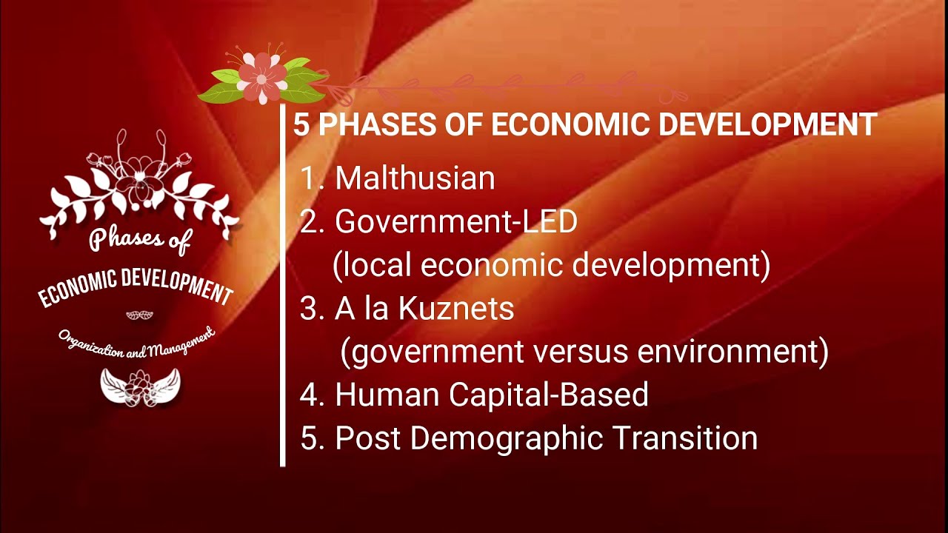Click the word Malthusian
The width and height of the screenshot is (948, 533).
[415, 178]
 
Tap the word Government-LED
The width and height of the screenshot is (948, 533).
[456, 221]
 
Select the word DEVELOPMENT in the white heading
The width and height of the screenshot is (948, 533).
[767, 125]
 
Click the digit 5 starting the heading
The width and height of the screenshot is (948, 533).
[301, 125]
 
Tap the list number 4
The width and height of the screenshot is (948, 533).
[308, 395]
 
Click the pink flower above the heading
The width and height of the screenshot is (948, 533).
[261, 77]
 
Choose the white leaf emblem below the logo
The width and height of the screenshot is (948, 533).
[140, 386]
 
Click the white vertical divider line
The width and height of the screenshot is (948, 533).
[283, 296]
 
